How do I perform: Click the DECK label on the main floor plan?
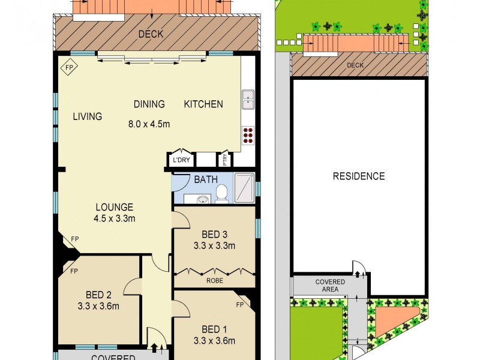tap(151, 34)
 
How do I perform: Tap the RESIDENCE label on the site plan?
tap(358, 176)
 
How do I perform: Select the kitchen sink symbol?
tap(248, 100)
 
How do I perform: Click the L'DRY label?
tap(181, 161)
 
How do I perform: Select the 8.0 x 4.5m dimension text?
tap(149, 125)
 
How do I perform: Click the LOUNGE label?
tap(114, 208)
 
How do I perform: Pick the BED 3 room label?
tap(214, 234)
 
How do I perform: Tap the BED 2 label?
tap(98, 295)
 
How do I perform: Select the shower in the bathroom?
tap(244, 188)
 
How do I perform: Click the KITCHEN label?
tap(203, 104)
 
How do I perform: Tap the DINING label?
tap(149, 104)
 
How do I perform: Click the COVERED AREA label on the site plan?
tap(330, 286)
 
